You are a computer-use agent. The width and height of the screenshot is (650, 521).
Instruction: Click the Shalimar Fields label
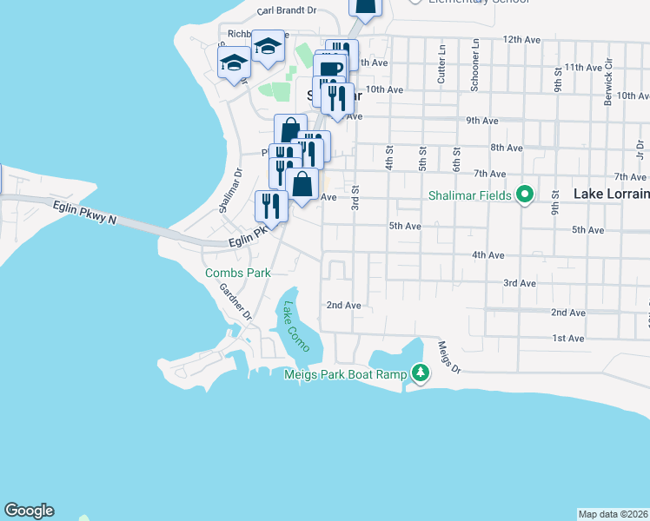pyautogui.click(x=470, y=195)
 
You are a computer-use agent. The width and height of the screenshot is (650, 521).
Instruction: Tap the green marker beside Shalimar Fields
pyautogui.click(x=524, y=195)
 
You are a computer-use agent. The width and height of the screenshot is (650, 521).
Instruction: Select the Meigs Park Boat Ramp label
pyautogui.click(x=345, y=374)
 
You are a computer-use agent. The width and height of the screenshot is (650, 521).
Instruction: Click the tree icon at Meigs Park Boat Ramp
pyautogui.click(x=421, y=373)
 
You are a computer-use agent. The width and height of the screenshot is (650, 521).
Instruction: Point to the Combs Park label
pyautogui.click(x=237, y=273)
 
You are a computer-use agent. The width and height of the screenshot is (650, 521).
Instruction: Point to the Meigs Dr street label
pyautogui.click(x=448, y=355)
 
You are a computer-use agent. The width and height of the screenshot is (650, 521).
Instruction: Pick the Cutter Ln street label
pyautogui.click(x=441, y=71)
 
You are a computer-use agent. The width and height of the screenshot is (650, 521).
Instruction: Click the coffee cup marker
pyautogui.click(x=328, y=69)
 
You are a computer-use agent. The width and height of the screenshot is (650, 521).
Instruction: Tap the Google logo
pyautogui.click(x=29, y=511)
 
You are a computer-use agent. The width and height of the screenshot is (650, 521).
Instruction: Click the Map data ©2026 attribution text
pyautogui.click(x=614, y=513)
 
